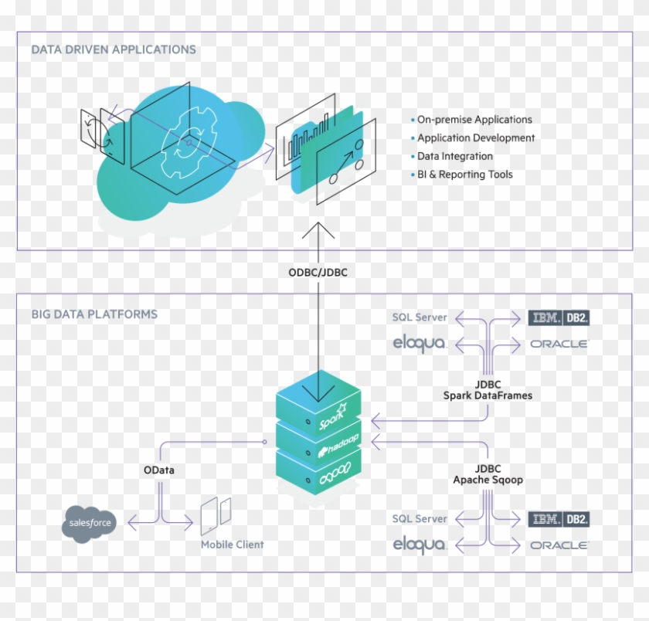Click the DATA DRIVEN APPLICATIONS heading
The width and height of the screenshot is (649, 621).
(x=114, y=49)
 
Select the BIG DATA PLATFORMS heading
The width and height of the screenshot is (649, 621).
(x=94, y=314)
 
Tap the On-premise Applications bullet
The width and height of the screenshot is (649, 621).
(x=474, y=120)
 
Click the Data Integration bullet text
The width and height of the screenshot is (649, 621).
(x=454, y=156)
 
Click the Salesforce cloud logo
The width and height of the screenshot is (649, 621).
(x=90, y=524)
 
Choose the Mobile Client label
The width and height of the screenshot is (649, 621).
(x=232, y=545)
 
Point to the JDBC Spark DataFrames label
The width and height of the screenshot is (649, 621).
(x=488, y=390)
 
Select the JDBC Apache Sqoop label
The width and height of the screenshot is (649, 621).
(x=488, y=474)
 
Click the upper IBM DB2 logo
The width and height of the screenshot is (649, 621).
(x=559, y=317)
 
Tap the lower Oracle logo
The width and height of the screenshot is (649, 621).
(x=559, y=545)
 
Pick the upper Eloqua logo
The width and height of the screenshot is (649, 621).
(x=420, y=343)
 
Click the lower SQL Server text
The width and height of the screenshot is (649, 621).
(x=420, y=518)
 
